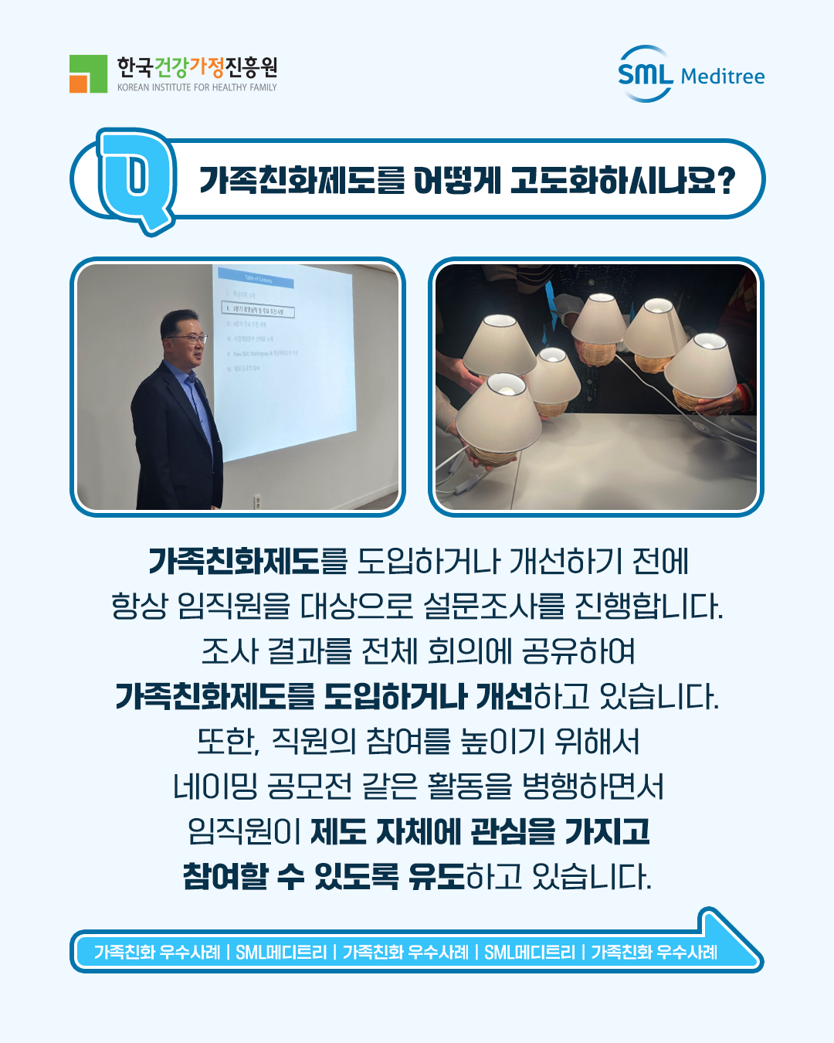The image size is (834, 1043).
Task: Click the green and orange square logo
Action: [88, 73]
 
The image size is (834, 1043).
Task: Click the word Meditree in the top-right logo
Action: [723, 76]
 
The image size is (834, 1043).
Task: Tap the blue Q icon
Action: [137, 178]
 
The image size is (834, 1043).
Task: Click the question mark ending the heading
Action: [725, 181]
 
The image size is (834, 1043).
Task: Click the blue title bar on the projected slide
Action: [256, 278]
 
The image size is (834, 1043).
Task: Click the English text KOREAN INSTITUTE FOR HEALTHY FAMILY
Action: [197, 88]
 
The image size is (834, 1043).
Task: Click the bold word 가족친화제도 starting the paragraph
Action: [233, 561]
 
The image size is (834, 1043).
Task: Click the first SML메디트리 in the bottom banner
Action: [281, 953]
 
